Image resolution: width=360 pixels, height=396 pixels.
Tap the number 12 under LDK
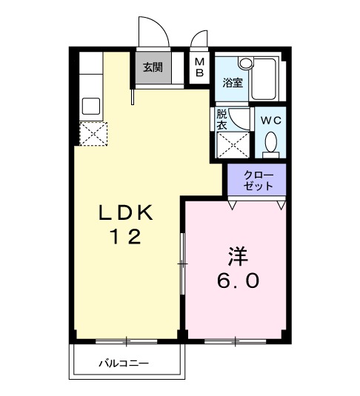tap(127, 237)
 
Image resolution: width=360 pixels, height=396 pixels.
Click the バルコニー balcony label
tap(125, 364)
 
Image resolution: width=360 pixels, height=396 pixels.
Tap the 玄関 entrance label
tap(153, 67)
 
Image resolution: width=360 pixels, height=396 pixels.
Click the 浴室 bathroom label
tap(233, 81)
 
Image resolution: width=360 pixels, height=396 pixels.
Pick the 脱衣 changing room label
tap(222, 120)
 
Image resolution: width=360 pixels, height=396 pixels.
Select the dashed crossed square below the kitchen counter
tap(94, 133)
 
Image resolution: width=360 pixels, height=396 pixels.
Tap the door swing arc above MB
tap(198, 39)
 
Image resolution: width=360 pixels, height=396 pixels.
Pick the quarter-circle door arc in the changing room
tap(239, 118)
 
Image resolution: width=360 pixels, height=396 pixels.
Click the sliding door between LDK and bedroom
tap(182, 263)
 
